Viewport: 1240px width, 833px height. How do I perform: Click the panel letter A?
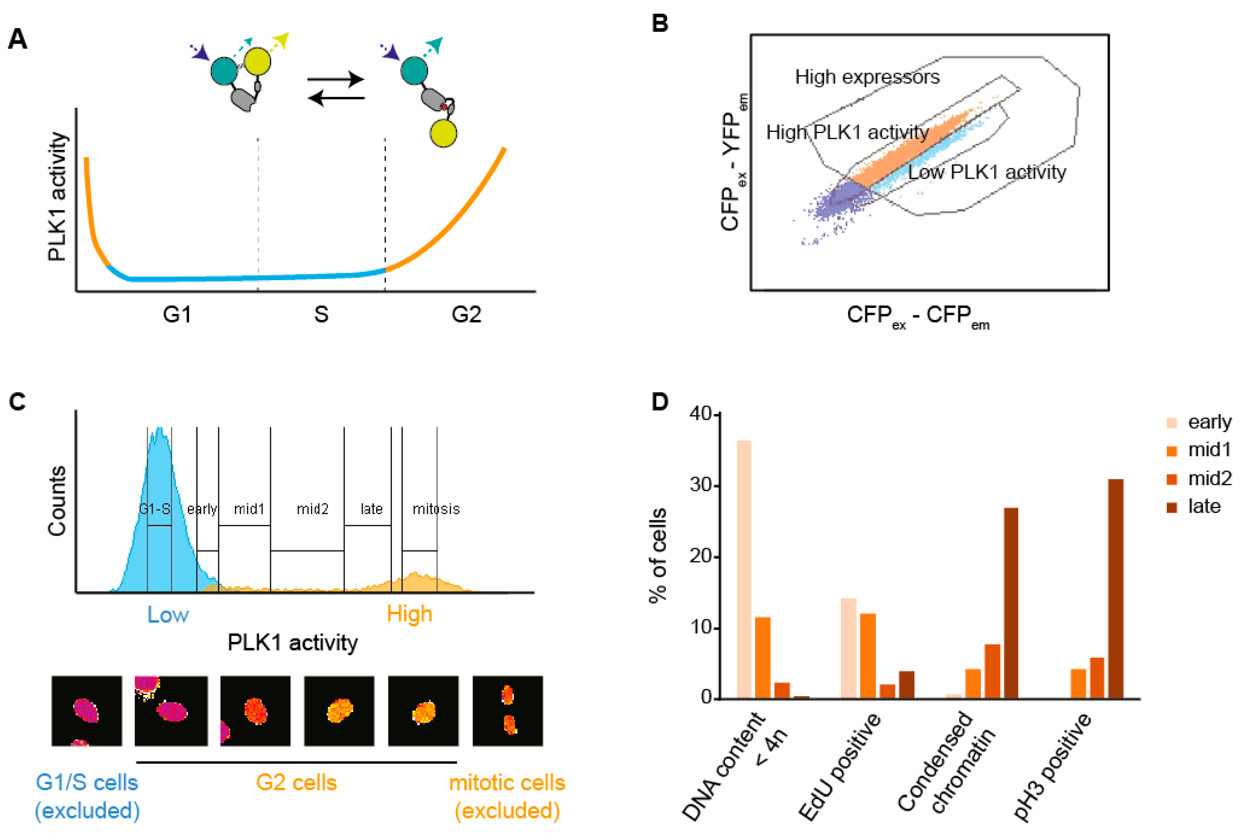tap(18, 39)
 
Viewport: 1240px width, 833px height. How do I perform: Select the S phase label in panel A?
tap(321, 314)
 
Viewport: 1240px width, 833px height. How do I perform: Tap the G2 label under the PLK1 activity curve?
tap(466, 314)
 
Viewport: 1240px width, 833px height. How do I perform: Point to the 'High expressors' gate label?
tap(867, 78)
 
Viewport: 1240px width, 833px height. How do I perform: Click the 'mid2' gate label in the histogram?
tap(313, 509)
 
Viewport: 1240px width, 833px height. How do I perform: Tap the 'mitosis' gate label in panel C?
tap(436, 509)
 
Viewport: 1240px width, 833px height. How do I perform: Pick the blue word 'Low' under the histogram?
tap(167, 615)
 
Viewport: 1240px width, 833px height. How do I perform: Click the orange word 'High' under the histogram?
tap(409, 614)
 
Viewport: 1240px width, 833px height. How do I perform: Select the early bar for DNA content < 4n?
tap(744, 569)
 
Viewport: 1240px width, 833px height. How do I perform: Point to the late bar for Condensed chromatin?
tap(1010, 603)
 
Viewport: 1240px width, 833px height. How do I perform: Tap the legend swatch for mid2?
tap(1171, 479)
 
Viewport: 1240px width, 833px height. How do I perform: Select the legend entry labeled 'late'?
tap(1204, 506)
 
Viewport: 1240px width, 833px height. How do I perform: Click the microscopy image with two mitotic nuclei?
tap(508, 711)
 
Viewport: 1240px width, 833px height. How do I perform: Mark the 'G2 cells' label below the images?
tap(296, 783)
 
